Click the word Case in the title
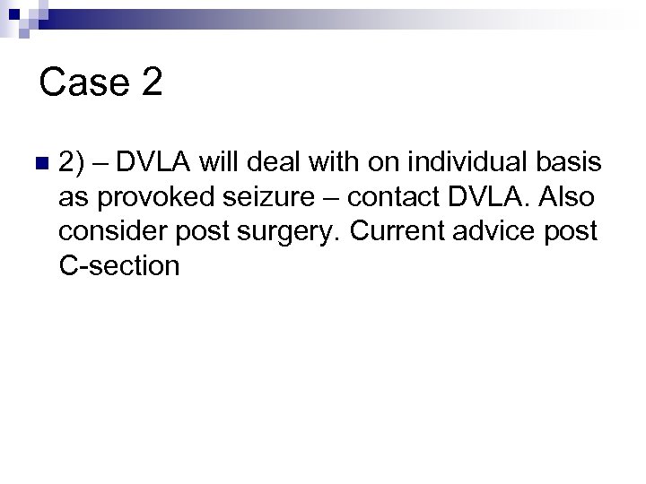[83, 83]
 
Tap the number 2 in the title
[151, 83]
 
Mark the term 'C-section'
[119, 265]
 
